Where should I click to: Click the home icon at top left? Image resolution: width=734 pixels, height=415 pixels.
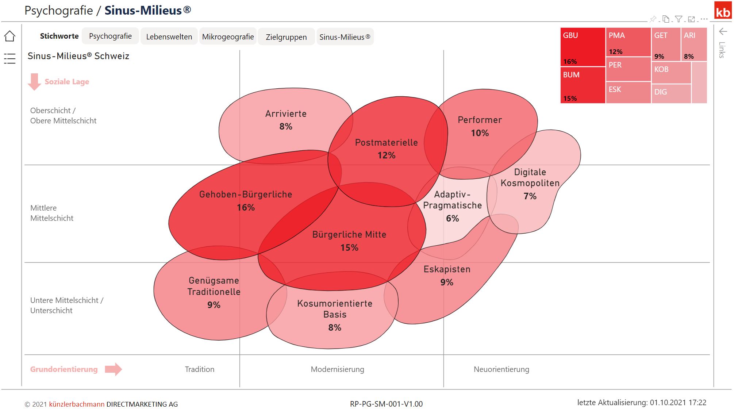[x=10, y=36]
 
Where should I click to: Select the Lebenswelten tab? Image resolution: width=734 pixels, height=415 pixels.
[x=169, y=37]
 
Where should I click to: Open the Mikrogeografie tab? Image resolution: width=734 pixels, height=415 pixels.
[x=228, y=37]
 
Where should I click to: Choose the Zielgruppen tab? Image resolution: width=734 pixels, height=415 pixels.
[x=286, y=37]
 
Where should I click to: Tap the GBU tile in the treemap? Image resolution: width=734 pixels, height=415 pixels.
[x=583, y=47]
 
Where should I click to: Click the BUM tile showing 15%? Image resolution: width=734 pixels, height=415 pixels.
[x=583, y=85]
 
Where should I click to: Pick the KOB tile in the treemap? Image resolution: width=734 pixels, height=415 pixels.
[x=671, y=73]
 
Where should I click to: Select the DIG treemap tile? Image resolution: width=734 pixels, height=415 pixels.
[x=671, y=93]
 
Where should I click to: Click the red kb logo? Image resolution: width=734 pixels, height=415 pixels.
[x=723, y=11]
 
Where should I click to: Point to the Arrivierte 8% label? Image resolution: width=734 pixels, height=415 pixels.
[x=286, y=120]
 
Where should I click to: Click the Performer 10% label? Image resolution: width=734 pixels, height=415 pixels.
[x=480, y=126]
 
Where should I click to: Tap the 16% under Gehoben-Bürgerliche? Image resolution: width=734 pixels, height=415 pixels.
[x=246, y=208]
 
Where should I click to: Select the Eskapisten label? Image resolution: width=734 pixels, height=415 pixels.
[x=447, y=269]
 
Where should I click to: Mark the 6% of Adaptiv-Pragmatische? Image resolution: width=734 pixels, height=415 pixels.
[x=452, y=219]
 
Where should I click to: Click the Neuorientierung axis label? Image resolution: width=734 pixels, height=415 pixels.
[x=501, y=369]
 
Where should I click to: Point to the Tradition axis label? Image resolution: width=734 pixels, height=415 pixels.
[x=199, y=369]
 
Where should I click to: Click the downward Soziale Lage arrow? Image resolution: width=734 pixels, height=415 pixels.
[x=34, y=81]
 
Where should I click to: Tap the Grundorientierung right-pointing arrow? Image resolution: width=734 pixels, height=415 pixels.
[x=113, y=369]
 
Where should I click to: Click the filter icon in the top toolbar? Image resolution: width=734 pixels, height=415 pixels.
[x=679, y=19]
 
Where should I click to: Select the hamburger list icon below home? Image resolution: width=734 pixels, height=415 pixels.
[x=10, y=58]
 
